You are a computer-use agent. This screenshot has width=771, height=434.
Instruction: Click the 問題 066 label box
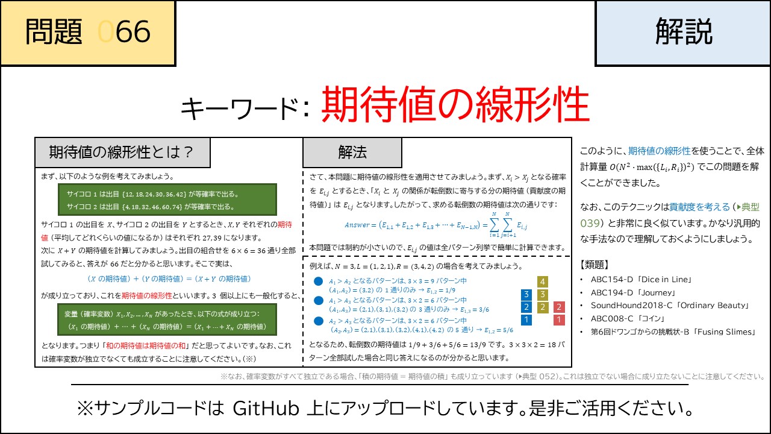88,33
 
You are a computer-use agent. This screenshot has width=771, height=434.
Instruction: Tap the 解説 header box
682,33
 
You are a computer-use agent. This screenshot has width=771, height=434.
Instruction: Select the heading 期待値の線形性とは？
122,153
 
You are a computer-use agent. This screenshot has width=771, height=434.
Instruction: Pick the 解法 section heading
352,153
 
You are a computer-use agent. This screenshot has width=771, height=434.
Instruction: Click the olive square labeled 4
543,281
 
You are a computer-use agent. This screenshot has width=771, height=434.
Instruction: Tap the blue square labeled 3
526,295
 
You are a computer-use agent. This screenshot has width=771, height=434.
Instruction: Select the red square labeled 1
559,320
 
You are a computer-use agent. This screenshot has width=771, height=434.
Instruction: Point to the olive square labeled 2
543,307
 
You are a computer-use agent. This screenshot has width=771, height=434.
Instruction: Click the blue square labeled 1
526,320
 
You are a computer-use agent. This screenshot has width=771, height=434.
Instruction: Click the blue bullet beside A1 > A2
319,281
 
